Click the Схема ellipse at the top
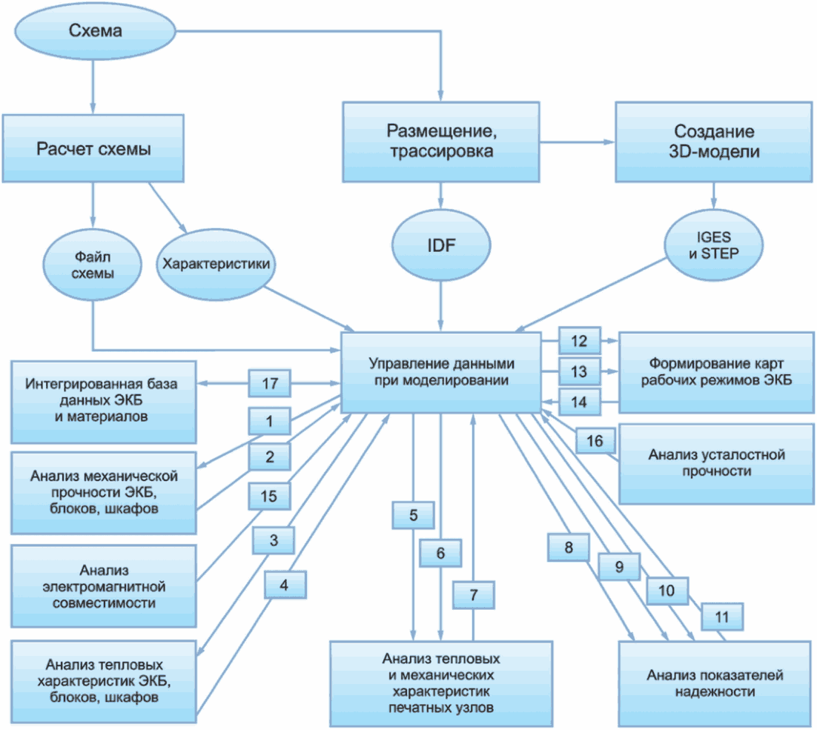point(95,31)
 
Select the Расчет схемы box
point(93,148)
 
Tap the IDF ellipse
point(441,245)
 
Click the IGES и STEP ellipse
point(713,245)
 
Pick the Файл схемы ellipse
point(92,265)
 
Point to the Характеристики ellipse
point(216,265)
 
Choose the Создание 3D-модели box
point(714,142)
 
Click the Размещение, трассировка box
point(441,142)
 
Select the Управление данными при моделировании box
point(441,373)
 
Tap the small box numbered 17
point(269,383)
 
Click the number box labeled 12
point(580,341)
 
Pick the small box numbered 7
point(474,594)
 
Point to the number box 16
point(595,440)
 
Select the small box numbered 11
point(722,617)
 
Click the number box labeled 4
point(285,585)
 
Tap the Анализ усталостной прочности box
point(716,464)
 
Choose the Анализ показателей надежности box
point(715,683)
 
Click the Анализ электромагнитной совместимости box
point(104,586)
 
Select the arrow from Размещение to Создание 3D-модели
point(578,142)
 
